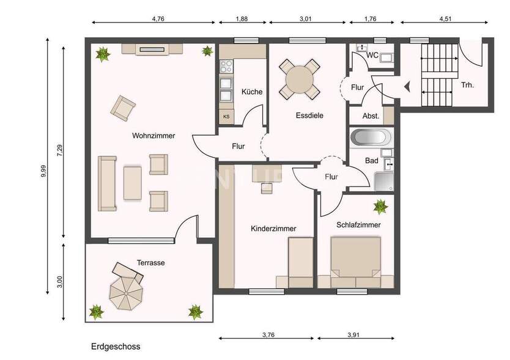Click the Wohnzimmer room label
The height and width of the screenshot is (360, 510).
pyautogui.click(x=153, y=136)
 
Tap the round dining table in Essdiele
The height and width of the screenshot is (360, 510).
pyautogui.click(x=300, y=79)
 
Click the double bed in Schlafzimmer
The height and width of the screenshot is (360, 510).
pyautogui.click(x=355, y=262)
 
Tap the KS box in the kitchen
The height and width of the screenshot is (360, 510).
pyautogui.click(x=226, y=116)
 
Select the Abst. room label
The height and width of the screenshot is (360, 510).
pyautogui.click(x=371, y=116)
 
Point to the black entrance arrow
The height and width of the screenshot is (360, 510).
pyautogui.click(x=406, y=86)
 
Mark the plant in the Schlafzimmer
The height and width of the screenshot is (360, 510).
pyautogui.click(x=380, y=206)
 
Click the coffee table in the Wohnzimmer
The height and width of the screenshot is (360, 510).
pyautogui.click(x=133, y=183)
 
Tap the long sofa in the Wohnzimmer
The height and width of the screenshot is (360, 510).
pyautogui.click(x=108, y=183)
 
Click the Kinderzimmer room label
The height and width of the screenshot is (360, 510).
pyautogui.click(x=273, y=229)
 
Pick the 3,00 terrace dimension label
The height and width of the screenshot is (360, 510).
pyautogui.click(x=59, y=282)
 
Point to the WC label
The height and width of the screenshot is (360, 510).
pyautogui.click(x=372, y=55)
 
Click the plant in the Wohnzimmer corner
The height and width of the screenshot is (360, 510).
pyautogui.click(x=103, y=54)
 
